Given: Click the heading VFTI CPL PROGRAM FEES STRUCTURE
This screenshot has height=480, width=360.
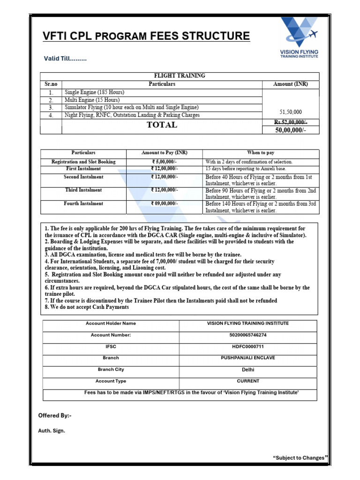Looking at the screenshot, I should pyautogui.click(x=146, y=36).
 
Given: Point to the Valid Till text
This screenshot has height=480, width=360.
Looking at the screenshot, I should pyautogui.click(x=65, y=59).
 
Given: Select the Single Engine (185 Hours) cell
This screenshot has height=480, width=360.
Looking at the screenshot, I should pyautogui.click(x=94, y=92).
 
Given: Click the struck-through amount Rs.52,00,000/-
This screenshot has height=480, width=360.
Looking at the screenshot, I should pyautogui.click(x=291, y=122).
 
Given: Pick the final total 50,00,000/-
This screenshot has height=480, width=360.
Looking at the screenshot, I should pyautogui.click(x=291, y=130).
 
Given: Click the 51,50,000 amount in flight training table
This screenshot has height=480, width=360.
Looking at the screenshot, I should pyautogui.click(x=291, y=112).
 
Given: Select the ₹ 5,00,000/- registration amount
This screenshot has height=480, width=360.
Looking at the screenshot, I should pyautogui.click(x=164, y=162).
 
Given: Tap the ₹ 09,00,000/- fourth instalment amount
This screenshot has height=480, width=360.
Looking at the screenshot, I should pyautogui.click(x=164, y=204).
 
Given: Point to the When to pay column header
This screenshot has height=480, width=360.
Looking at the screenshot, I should pyautogui.click(x=261, y=153).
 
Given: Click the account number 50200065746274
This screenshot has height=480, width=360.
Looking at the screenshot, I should pyautogui.click(x=247, y=335).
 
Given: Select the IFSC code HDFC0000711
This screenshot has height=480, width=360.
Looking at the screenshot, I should pyautogui.click(x=247, y=346).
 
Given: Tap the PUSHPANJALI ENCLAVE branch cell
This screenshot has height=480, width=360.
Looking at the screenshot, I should pyautogui.click(x=247, y=358).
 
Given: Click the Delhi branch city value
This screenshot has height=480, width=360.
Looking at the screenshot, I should pyautogui.click(x=247, y=370).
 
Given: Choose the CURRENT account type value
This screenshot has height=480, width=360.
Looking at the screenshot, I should pyautogui.click(x=247, y=381).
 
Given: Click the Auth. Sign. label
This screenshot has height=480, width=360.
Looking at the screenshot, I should pyautogui.click(x=52, y=431).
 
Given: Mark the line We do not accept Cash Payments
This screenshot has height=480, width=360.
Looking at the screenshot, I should pyautogui.click(x=87, y=307).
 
